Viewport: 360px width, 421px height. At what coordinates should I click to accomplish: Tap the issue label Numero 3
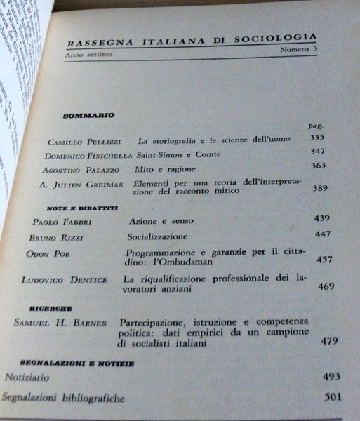pos(298,51)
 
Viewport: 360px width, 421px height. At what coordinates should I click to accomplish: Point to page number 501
pos(334,397)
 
